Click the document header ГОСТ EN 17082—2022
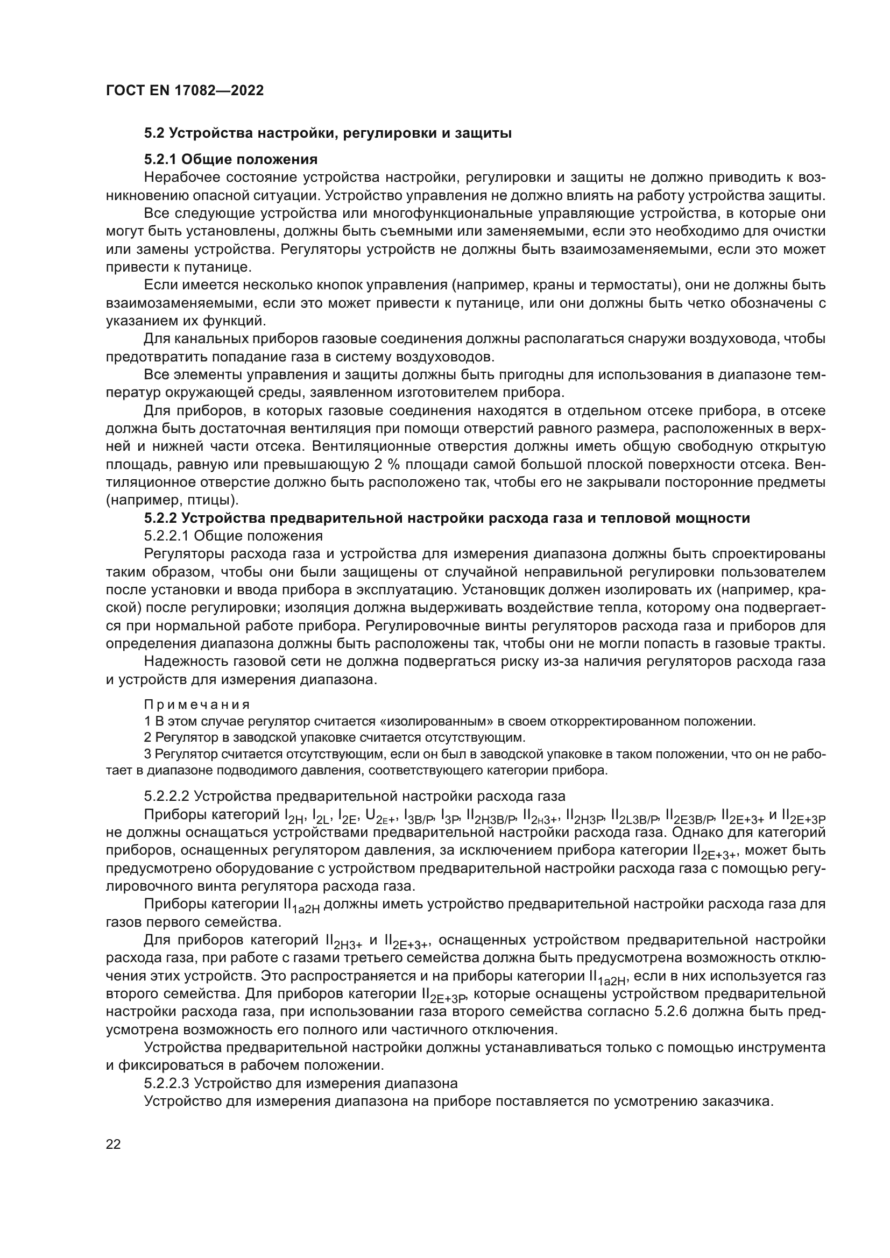pos(185,90)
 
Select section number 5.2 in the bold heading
pos(154,133)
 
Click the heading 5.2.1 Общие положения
pos(231,159)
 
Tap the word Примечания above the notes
pos(197,705)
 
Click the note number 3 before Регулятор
pos(148,754)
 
